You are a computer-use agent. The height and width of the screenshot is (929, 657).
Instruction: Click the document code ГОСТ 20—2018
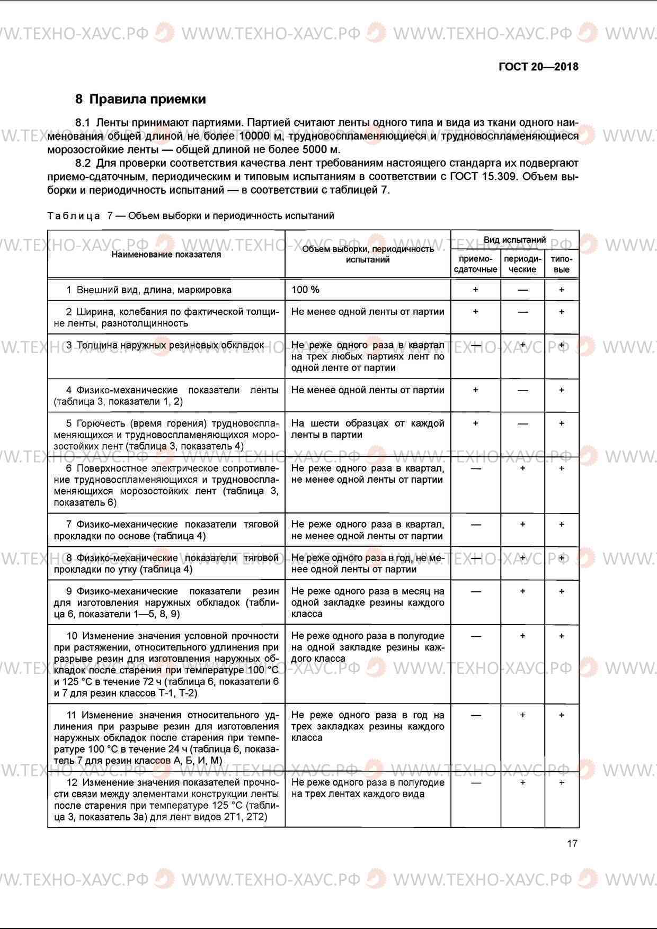538,67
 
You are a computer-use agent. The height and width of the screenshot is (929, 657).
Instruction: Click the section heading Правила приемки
147,99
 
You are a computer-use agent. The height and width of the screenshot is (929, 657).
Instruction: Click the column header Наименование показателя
166,255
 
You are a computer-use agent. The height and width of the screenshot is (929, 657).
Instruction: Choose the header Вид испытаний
514,240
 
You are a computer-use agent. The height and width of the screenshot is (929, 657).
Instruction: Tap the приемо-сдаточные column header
475,264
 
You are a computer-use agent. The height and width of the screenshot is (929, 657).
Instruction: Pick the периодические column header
522,264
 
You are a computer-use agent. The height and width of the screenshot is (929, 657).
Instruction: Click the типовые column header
562,264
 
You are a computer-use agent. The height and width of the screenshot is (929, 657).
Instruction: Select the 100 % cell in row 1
306,290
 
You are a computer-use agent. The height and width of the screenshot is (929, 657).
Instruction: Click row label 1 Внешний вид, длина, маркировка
148,290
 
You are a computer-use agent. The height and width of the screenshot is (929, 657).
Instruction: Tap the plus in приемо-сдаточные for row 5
475,423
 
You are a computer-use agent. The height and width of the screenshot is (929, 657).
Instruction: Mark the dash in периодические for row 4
522,391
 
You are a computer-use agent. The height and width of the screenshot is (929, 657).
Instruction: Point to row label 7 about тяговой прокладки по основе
166,530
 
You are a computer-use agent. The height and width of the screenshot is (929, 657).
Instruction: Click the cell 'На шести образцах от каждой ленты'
367,429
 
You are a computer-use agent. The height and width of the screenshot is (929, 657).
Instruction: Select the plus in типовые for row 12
562,782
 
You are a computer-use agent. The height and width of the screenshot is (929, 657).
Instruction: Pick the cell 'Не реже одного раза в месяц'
367,602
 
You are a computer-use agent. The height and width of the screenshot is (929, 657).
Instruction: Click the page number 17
572,843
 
